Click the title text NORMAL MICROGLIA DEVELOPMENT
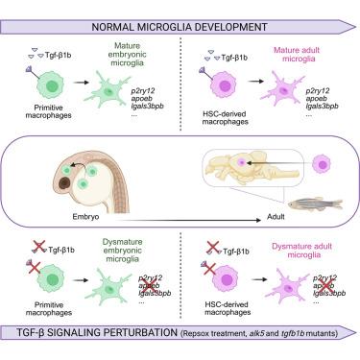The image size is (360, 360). click(x=180, y=27)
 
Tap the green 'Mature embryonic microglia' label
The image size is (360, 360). click(x=127, y=55)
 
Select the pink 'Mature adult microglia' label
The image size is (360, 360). click(x=297, y=55)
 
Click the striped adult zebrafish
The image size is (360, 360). click(x=315, y=204)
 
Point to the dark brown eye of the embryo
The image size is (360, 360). click(x=65, y=182)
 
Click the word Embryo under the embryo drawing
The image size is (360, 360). click(x=85, y=217)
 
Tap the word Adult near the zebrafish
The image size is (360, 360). click(x=276, y=217)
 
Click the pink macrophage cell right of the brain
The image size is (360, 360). click(x=322, y=164)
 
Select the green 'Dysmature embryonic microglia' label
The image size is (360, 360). click(x=123, y=251)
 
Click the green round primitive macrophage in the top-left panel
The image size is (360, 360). click(x=50, y=85)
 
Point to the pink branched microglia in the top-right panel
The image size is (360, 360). click(x=281, y=89)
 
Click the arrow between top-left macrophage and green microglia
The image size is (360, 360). click(x=81, y=83)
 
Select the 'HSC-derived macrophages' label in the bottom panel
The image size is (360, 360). click(x=228, y=308)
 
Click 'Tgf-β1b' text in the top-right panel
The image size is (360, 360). click(x=234, y=58)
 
